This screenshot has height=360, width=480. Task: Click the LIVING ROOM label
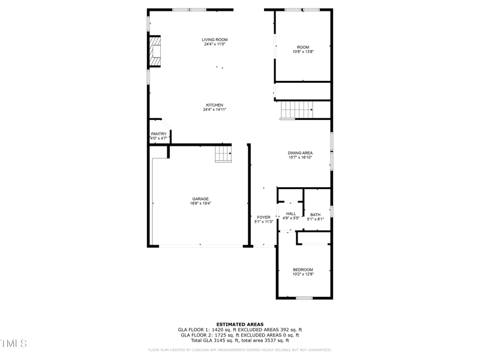tap(215, 40)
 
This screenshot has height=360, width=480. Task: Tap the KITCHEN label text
tap(215, 105)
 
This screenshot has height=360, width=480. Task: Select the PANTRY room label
tap(158, 134)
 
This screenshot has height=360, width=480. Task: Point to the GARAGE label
tap(200, 199)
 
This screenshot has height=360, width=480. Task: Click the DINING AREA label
tap(300, 153)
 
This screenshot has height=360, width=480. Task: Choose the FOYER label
tap(263, 217)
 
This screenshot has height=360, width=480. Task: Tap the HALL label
tap(291, 214)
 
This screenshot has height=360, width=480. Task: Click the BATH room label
tap(315, 215)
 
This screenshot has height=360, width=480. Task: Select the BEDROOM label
tap(303, 270)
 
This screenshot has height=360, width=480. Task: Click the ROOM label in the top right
tap(303, 47)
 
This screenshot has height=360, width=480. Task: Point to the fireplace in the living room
tap(155, 53)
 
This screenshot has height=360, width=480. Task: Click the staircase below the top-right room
tap(298, 110)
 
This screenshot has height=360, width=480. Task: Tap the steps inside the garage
tap(223, 155)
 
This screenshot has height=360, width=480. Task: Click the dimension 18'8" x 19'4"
tap(200, 203)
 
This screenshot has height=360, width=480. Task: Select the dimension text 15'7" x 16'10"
tap(300, 158)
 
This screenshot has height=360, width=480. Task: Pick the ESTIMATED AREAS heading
tap(240, 324)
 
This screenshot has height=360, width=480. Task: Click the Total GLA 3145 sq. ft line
tap(240, 340)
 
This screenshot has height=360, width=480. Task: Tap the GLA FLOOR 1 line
tap(240, 329)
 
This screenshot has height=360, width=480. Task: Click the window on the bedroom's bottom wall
tap(304, 298)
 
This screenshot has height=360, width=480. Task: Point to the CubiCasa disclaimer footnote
tap(240, 350)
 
